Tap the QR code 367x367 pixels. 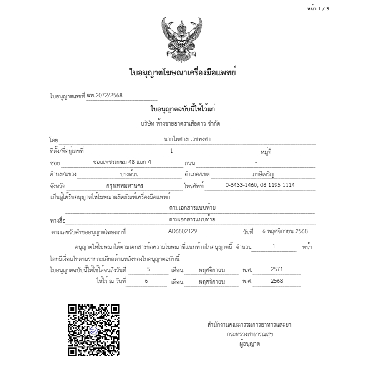click(x=93, y=330)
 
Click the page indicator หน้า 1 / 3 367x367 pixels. click(x=318, y=9)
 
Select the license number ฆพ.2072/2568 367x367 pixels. click(x=105, y=96)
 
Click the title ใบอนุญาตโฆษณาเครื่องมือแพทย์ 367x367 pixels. click(x=183, y=73)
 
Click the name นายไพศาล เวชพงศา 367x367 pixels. click(x=187, y=139)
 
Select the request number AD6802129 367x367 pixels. click(x=183, y=231)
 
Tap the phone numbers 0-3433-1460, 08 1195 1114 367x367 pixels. click(x=260, y=185)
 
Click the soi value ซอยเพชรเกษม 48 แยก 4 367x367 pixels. click(x=122, y=162)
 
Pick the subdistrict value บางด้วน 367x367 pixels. click(x=129, y=173)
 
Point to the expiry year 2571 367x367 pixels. click(x=277, y=269)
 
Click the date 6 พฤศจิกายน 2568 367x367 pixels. click(x=285, y=231)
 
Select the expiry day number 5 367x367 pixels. click(x=148, y=269)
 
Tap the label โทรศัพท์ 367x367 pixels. click(x=194, y=186)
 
